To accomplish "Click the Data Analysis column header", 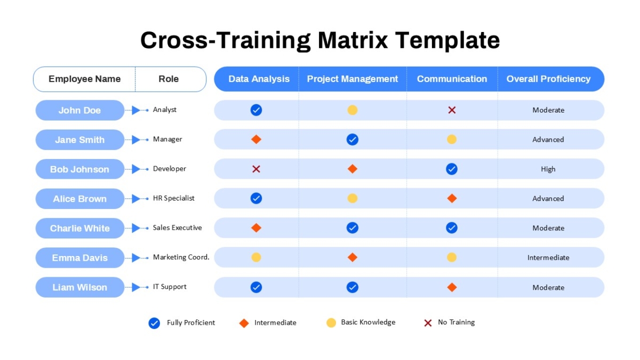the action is (259, 79).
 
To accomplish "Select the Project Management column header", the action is (353, 79).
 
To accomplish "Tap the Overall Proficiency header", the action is (548, 79).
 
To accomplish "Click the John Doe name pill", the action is (79, 110).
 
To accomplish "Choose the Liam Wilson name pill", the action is (79, 287).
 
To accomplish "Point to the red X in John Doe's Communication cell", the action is (452, 110).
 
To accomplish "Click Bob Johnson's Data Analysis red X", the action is (256, 169).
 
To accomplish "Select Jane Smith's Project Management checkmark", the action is (353, 139).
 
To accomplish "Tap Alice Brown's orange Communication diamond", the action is (452, 198).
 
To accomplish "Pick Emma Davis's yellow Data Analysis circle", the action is (256, 257).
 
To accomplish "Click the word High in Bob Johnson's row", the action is (548, 169).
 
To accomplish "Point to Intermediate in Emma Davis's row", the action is (548, 258).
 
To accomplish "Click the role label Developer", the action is (170, 169).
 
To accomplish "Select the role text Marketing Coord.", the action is (181, 257).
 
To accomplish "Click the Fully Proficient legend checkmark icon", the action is (154, 323).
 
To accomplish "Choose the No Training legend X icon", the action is (428, 323).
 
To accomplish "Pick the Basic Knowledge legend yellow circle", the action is (331, 323).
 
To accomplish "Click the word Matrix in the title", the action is (353, 40).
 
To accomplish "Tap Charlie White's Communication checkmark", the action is (452, 228).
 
